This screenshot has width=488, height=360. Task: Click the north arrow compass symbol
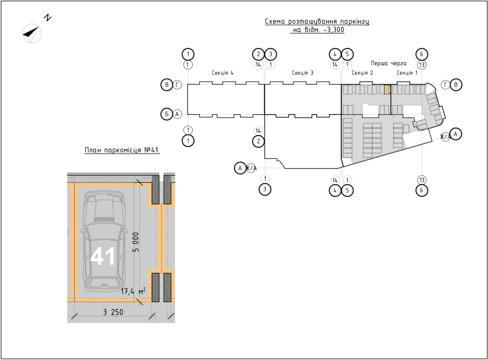pyautogui.click(x=32, y=33)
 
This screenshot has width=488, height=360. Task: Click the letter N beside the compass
pyautogui.click(x=47, y=18)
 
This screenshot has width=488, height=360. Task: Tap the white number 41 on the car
pyautogui.click(x=102, y=256)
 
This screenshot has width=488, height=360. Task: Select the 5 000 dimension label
pyautogui.click(x=136, y=242)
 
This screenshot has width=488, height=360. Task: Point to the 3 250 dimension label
pyautogui.click(x=113, y=312)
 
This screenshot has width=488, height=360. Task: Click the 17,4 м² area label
pyautogui.click(x=133, y=291)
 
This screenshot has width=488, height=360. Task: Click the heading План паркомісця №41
pyautogui.click(x=122, y=150)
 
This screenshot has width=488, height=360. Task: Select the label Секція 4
pyautogui.click(x=223, y=73)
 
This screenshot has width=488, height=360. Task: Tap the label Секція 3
pyautogui.click(x=303, y=73)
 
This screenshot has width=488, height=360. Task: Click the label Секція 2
pyautogui.click(x=362, y=73)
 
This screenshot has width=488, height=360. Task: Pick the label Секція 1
pyautogui.click(x=407, y=73)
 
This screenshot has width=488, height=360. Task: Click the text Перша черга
pyautogui.click(x=389, y=63)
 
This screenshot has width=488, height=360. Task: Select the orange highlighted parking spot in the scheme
pyautogui.click(x=387, y=90)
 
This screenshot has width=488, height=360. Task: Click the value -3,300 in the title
pyautogui.click(x=334, y=30)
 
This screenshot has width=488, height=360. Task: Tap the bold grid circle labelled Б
pyautogui.click(x=167, y=114)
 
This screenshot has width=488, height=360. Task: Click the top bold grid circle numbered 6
pyautogui.click(x=422, y=54)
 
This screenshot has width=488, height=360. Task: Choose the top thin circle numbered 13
pyautogui.click(x=422, y=65)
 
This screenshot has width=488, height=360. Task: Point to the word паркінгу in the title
pyautogui.click(x=354, y=22)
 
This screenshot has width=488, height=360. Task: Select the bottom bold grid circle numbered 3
pyautogui.click(x=265, y=189)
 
